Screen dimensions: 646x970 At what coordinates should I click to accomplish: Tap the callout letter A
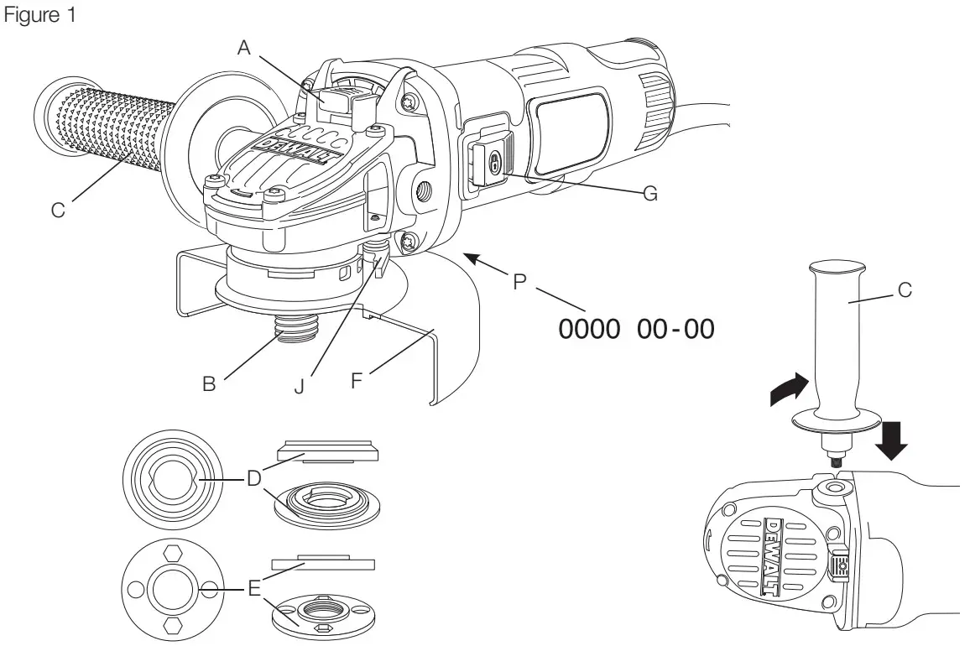coord(244,48)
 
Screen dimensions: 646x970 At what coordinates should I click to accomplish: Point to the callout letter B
coord(210,384)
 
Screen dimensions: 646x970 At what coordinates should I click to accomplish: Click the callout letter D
coord(253,478)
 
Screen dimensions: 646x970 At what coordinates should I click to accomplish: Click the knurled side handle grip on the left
coord(105,126)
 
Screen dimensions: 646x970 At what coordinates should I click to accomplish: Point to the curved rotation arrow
coord(790,390)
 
